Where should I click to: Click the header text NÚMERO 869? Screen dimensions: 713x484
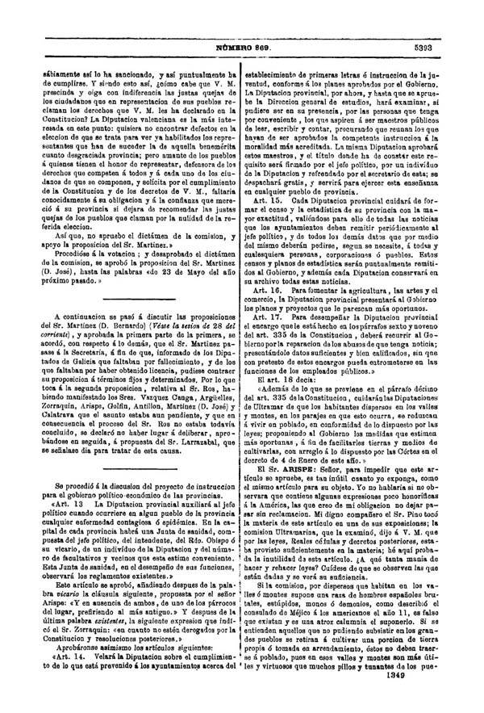tap(241, 48)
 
